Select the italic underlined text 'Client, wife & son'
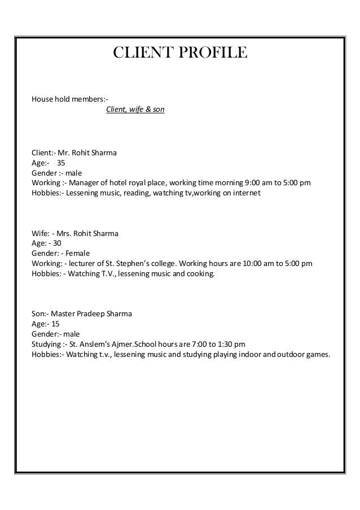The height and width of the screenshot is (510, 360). pos(135,109)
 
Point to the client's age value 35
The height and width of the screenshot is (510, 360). pos(60,163)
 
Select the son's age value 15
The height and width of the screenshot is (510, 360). pos(55,324)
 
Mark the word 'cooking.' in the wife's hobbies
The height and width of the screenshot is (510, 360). pos(200,274)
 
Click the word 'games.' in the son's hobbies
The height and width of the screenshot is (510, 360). pos(319,354)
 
